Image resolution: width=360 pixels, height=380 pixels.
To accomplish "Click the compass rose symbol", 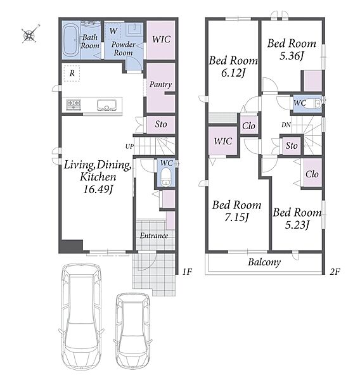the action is [x=30, y=34].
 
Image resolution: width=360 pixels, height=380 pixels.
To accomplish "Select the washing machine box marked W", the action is [x=113, y=31].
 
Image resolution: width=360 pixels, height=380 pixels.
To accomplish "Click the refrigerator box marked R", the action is [x=72, y=73].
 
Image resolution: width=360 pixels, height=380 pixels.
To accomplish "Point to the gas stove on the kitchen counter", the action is [x=74, y=105].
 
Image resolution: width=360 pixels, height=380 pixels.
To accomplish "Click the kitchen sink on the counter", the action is [x=106, y=105].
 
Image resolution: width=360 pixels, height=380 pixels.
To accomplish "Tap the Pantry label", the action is [x=160, y=85].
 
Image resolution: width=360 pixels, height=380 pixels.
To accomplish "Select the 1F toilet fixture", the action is [x=166, y=177].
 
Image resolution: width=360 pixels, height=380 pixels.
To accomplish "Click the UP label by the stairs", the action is [x=129, y=147].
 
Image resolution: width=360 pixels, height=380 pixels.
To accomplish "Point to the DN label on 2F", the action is [x=286, y=125].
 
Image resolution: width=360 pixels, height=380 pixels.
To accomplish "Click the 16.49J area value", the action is [x=98, y=189].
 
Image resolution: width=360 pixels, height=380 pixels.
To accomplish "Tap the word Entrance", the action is [x=154, y=236].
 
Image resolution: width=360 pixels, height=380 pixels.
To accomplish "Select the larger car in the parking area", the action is [x=81, y=316].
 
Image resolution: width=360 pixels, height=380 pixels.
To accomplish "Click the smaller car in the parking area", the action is [x=132, y=331].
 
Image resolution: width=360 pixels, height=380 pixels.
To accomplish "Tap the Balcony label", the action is [x=264, y=262].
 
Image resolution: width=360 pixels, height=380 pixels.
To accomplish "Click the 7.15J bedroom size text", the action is [x=236, y=217].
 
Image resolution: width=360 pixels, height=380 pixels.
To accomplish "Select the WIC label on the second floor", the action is [x=222, y=141].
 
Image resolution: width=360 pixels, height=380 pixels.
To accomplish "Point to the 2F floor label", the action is [x=335, y=272].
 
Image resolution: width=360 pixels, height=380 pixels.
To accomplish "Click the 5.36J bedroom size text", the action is [x=292, y=56].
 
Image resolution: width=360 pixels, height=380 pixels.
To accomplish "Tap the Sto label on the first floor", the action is [x=161, y=124].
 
